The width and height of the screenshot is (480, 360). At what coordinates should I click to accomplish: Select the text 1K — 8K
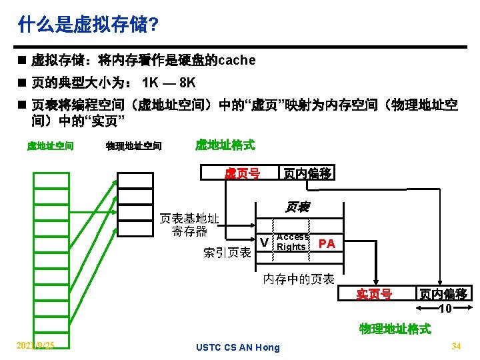click(169, 83)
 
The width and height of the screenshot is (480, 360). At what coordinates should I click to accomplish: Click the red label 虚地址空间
click(50, 145)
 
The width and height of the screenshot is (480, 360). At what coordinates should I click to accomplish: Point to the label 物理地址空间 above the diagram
click(133, 145)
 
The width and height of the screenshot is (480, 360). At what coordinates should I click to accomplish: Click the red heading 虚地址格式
click(225, 144)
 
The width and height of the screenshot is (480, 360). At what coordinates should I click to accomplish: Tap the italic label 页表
click(297, 207)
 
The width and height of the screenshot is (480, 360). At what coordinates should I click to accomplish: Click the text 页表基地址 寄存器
click(190, 225)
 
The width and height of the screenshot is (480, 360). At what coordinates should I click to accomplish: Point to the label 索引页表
click(227, 253)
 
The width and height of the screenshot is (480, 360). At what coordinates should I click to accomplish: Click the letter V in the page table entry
click(264, 243)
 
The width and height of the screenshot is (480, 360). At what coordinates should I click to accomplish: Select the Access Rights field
click(292, 242)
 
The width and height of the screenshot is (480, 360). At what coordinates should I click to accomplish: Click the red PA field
click(327, 243)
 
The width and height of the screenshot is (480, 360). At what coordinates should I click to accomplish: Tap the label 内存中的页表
click(299, 279)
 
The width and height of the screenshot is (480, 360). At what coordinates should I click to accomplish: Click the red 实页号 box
click(374, 294)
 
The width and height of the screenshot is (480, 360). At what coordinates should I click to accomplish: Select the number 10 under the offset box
click(445, 309)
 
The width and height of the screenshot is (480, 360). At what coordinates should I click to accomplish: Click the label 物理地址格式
click(395, 329)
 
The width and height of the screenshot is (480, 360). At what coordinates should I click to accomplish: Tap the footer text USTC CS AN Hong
click(238, 347)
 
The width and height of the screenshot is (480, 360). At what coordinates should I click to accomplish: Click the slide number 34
click(457, 346)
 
